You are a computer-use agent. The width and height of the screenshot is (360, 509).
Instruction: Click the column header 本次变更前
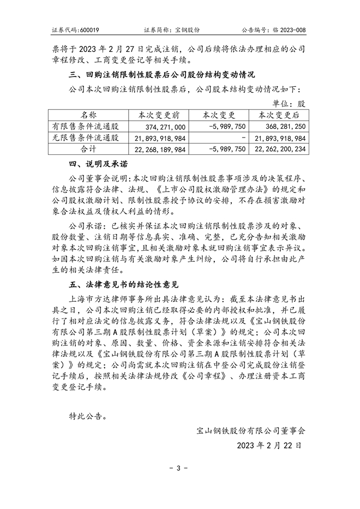tap(156, 115)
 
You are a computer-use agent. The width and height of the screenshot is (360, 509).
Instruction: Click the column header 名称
tap(88, 115)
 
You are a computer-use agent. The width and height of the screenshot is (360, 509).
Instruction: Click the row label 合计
tap(88, 148)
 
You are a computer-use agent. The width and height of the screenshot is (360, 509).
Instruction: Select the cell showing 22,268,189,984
tap(159, 149)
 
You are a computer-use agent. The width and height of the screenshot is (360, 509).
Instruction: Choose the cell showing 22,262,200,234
tap(279, 149)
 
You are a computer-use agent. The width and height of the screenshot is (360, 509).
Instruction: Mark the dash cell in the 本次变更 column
tap(243, 137)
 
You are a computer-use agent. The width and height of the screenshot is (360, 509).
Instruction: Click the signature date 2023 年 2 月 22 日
tap(269, 445)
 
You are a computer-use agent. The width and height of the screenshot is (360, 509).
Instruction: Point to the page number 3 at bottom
tap(179, 468)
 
